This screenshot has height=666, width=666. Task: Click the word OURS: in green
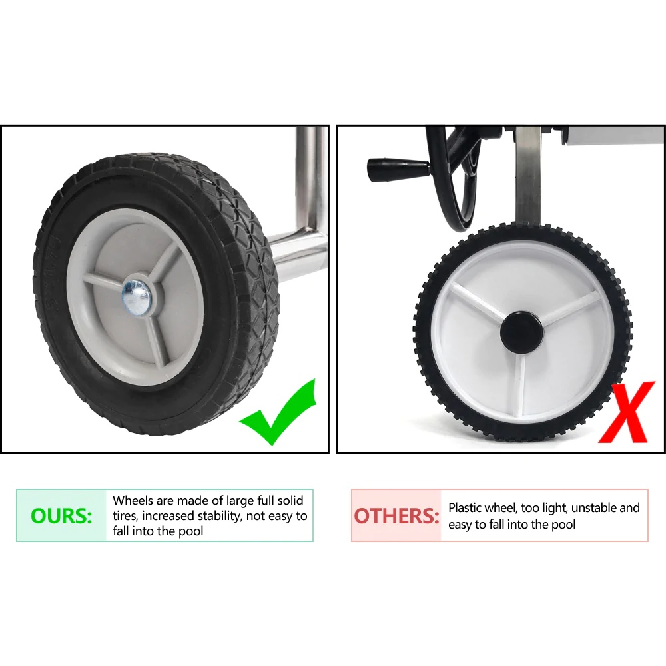61,516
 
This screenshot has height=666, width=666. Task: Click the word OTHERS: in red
396,516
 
